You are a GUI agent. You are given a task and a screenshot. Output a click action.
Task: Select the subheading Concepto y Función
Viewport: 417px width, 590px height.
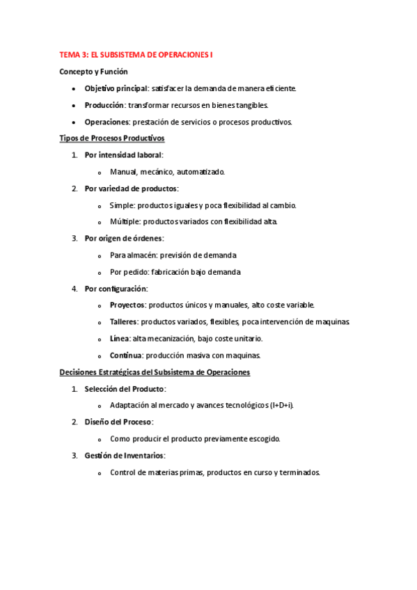pos(93,71)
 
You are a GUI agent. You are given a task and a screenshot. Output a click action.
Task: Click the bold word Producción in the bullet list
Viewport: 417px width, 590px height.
pos(104,105)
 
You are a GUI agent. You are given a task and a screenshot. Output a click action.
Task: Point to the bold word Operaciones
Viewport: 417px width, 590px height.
pos(107,122)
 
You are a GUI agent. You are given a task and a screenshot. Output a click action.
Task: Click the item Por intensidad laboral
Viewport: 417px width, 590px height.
pos(123,155)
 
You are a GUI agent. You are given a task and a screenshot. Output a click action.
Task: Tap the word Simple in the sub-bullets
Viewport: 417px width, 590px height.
pos(121,205)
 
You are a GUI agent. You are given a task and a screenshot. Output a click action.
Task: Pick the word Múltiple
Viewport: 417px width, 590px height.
pos(125,222)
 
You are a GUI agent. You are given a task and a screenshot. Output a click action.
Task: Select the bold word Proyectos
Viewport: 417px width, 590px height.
pos(127,305)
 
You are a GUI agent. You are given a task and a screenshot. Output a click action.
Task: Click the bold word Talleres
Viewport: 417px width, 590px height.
pos(124,321)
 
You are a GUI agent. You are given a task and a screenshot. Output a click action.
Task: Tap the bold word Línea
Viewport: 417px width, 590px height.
pos(119,338)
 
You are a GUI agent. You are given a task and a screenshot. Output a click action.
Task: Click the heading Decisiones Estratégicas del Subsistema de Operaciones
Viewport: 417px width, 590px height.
pos(155,372)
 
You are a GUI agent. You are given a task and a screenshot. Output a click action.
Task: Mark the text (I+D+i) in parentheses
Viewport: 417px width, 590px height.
pos(281,406)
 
